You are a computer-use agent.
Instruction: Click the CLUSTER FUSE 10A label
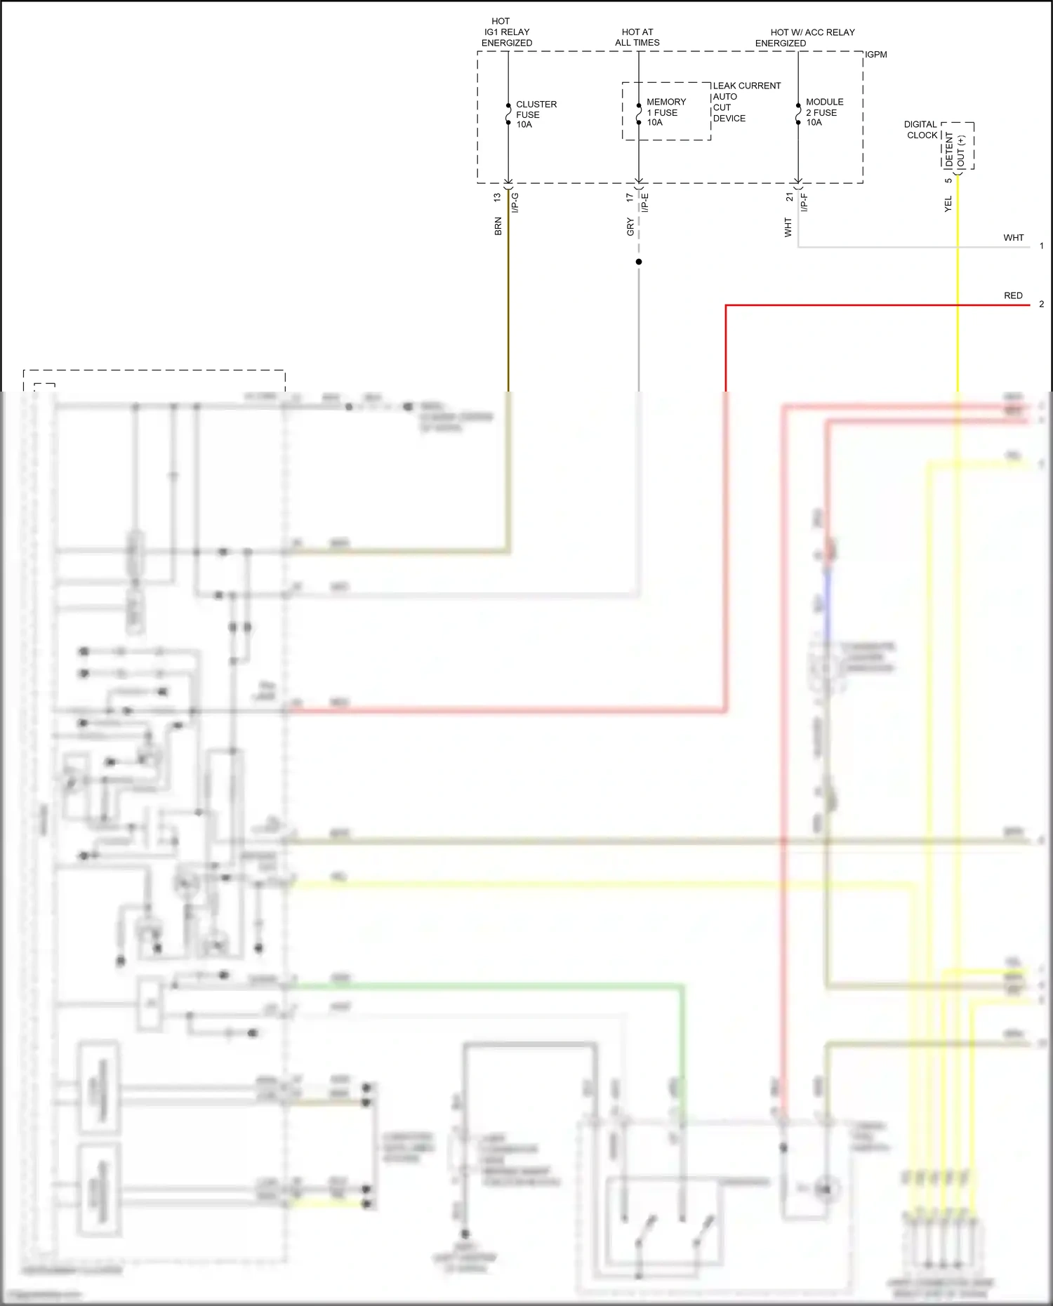tap(536, 114)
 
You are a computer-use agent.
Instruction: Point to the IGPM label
tap(875, 55)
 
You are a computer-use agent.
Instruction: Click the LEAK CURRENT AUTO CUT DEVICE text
tap(746, 102)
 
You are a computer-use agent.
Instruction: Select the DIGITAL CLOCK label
tap(920, 130)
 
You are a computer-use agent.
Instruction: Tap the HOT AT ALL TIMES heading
tap(637, 37)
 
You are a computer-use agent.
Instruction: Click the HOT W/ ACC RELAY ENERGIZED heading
tap(805, 38)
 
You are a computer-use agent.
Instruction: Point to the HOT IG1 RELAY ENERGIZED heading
tap(506, 32)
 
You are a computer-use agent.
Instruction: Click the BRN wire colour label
tap(498, 226)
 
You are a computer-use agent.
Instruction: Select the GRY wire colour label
tap(630, 227)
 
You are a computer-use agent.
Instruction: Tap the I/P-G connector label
tap(515, 203)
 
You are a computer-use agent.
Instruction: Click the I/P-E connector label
tap(644, 203)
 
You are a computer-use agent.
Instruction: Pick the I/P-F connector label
tap(804, 203)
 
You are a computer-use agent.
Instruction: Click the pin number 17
tap(629, 198)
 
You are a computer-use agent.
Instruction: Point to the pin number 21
tap(789, 197)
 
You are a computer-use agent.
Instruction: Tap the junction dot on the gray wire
tap(639, 262)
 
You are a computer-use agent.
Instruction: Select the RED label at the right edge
tap(1012, 295)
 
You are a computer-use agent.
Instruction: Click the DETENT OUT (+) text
tap(955, 150)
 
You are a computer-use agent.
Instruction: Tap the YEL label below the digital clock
tap(948, 204)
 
